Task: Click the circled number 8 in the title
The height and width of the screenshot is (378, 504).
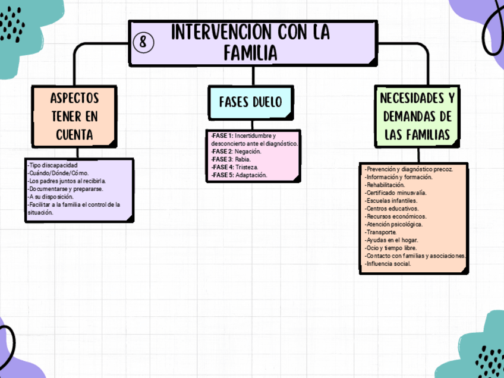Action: click(x=144, y=42)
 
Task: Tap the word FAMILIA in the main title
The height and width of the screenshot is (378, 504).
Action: click(x=250, y=53)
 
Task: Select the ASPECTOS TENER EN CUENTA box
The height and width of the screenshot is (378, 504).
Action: click(x=74, y=115)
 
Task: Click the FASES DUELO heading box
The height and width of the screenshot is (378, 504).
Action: click(x=250, y=102)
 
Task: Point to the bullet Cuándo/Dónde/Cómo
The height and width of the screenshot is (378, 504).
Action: click(x=58, y=173)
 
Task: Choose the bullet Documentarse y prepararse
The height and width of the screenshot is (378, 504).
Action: click(x=65, y=189)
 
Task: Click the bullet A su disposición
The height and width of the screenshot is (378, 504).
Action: click(x=51, y=197)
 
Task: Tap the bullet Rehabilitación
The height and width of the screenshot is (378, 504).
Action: click(x=385, y=185)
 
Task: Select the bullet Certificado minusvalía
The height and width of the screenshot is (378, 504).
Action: click(x=395, y=193)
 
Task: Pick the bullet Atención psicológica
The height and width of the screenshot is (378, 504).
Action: click(x=393, y=225)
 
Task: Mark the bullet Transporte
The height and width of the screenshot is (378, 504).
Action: click(x=380, y=232)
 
